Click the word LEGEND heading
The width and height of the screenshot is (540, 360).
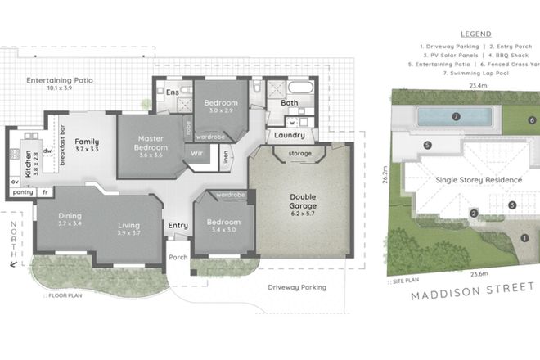pos(476,34)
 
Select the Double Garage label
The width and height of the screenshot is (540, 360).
pos(304,201)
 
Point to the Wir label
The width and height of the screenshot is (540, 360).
pos(196,153)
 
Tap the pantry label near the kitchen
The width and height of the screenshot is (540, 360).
pos(22,192)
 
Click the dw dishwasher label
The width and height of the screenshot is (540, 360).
pos(47,151)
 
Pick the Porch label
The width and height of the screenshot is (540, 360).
pos(178,257)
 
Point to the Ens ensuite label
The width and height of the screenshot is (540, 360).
pos(172,92)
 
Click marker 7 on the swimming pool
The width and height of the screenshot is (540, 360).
pos(457,117)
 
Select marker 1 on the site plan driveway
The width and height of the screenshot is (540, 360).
pos(524,238)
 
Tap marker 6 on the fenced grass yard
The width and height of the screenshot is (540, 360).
pos(531,120)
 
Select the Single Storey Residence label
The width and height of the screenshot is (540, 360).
pos(479,179)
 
